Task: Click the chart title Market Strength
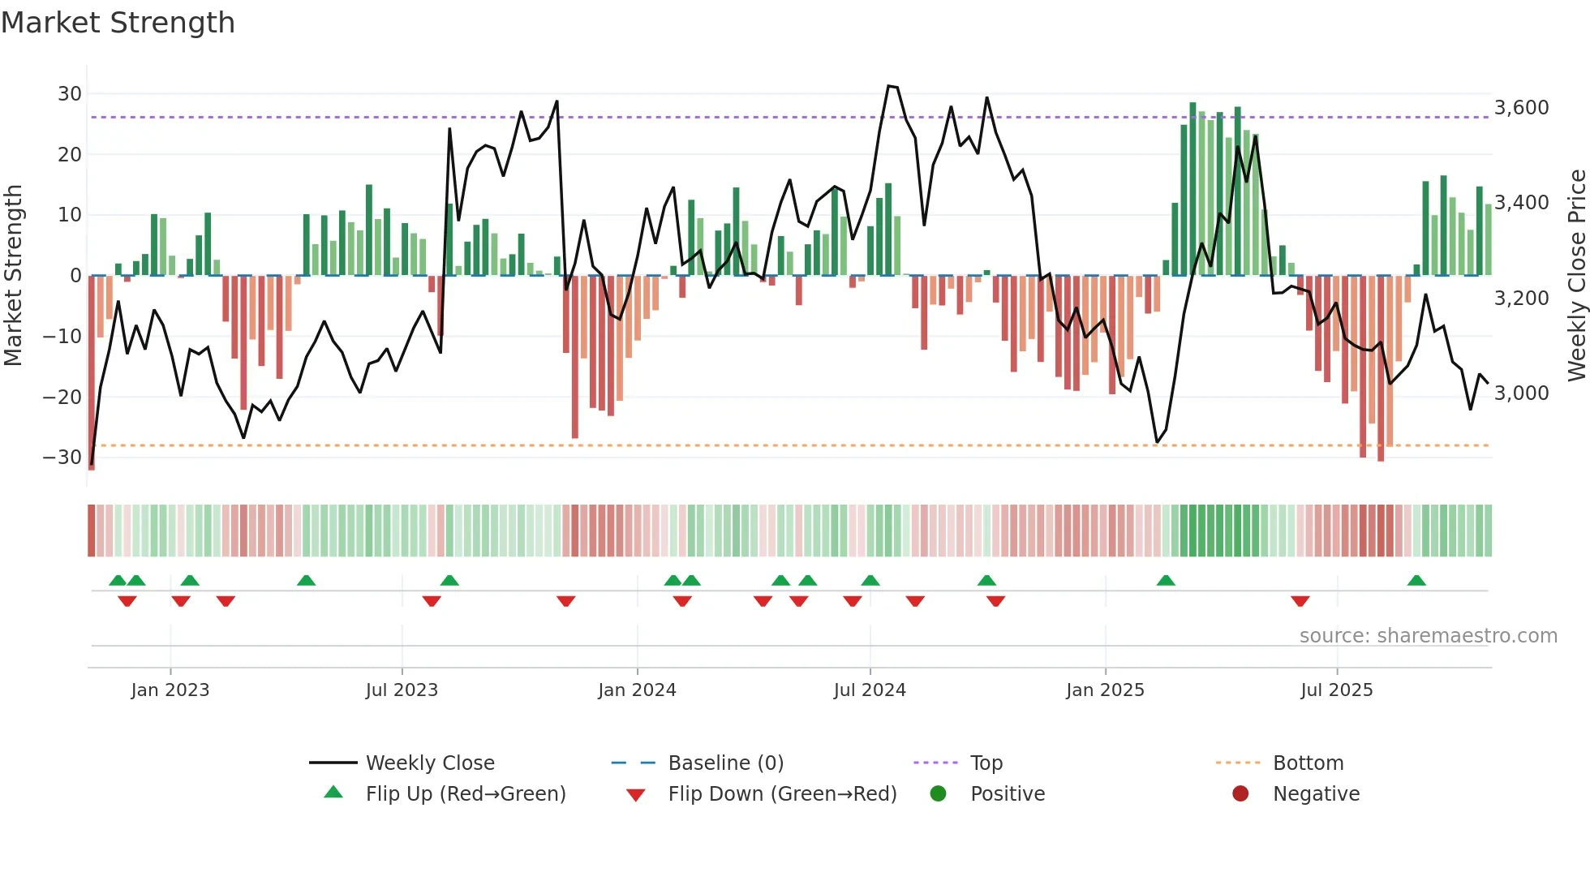[x=118, y=23]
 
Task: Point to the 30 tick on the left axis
[x=70, y=94]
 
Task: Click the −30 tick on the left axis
[x=62, y=458]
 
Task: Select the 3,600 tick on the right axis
[x=1521, y=108]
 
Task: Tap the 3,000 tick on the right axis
[x=1521, y=393]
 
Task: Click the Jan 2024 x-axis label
[x=637, y=690]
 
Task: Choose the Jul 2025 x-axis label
[x=1336, y=690]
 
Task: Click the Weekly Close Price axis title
[x=1576, y=276]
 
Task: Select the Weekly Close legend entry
[x=429, y=763]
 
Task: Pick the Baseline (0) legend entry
[x=725, y=763]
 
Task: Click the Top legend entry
[x=986, y=763]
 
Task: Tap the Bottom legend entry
[x=1308, y=763]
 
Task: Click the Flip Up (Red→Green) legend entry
[x=465, y=794]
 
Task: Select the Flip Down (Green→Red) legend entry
[x=782, y=794]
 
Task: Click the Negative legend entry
[x=1315, y=794]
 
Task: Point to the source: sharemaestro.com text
[x=1428, y=636]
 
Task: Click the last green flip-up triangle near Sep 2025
[x=1416, y=581]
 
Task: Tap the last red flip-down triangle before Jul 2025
[x=1300, y=601]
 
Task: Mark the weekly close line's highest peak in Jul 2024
[x=890, y=86]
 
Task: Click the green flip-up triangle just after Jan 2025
[x=1166, y=581]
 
